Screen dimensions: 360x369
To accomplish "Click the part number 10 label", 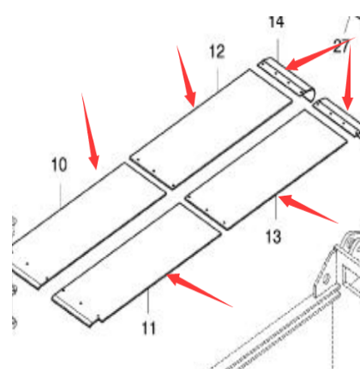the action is tap(59, 165).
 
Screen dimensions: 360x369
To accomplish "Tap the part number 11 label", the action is tap(149, 328).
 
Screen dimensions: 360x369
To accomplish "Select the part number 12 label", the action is tap(217, 51).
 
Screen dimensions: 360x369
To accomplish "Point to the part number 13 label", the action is tap(273, 237).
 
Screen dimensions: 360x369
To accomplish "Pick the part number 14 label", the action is tap(277, 22).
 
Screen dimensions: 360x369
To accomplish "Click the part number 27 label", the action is tap(341, 46).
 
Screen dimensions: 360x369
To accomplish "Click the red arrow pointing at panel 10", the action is tap(90, 131).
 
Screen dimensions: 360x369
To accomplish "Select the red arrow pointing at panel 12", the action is tap(186, 76).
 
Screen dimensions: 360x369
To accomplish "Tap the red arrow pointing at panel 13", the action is tap(308, 208).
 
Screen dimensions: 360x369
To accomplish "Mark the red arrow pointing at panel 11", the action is tap(199, 289).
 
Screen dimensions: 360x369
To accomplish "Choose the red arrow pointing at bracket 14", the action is tap(320, 53).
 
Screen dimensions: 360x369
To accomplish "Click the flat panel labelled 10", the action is tap(88, 226).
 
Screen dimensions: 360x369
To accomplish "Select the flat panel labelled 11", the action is tap(136, 265).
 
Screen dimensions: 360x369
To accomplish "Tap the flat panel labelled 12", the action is tap(212, 129).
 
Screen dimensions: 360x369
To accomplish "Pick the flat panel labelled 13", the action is tap(267, 169).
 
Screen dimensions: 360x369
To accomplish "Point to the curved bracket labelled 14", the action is tap(286, 80).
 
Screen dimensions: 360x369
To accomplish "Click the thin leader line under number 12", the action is tap(218, 78).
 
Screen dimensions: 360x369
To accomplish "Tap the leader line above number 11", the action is tap(148, 301).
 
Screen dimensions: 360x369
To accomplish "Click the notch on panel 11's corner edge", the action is tap(98, 317).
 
